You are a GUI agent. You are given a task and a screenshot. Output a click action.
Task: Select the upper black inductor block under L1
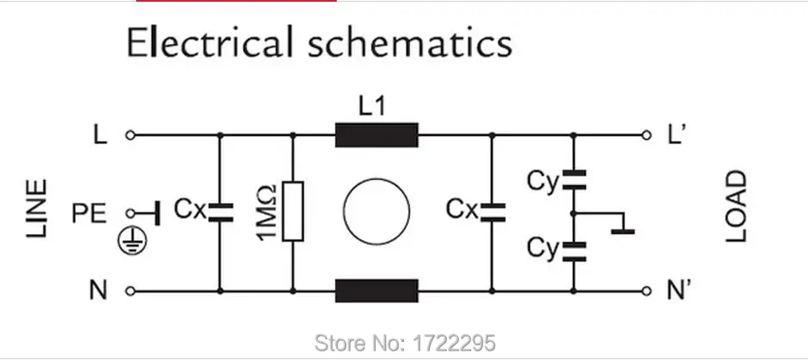[376, 135]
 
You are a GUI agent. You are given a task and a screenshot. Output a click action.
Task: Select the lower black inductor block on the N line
[376, 291]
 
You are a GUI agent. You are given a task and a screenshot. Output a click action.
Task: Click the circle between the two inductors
[376, 212]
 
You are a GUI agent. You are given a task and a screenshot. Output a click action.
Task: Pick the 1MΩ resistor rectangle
[294, 212]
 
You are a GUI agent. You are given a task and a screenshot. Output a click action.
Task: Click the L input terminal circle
[129, 135]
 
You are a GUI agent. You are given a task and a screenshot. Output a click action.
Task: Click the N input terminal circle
[129, 291]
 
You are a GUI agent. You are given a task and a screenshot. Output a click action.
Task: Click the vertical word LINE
[37, 211]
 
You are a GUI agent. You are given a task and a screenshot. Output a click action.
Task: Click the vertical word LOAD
[735, 208]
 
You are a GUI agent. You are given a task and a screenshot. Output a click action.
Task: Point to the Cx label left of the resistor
[189, 208]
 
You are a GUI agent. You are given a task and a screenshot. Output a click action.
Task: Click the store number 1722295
[464, 344]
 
